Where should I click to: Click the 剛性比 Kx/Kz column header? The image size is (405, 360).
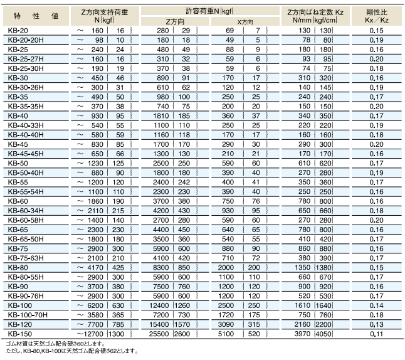pyautogui.click(x=377, y=15)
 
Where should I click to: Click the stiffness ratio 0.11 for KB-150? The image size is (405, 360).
pyautogui.click(x=377, y=334)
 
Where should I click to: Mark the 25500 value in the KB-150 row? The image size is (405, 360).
pyautogui.click(x=159, y=334)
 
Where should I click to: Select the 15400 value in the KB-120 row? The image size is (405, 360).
pyautogui.click(x=159, y=324)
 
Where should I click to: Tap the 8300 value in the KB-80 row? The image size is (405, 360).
pyautogui.click(x=160, y=267)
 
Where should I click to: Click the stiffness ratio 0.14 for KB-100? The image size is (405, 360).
pyautogui.click(x=377, y=305)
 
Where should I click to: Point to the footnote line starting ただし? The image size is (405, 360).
pyautogui.click(x=69, y=352)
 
